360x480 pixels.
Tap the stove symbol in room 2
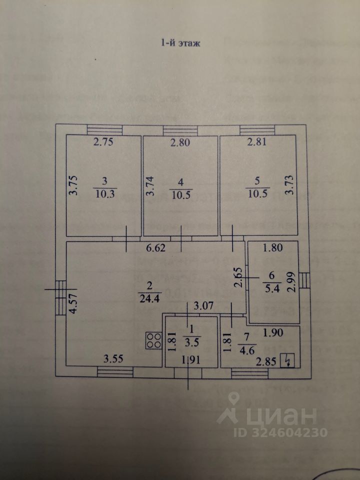(153, 340)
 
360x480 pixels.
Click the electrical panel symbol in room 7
(287, 360)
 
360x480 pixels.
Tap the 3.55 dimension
(113, 358)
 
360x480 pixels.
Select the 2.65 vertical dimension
(238, 278)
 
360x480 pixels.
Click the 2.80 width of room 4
(180, 142)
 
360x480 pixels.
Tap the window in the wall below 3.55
(115, 370)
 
